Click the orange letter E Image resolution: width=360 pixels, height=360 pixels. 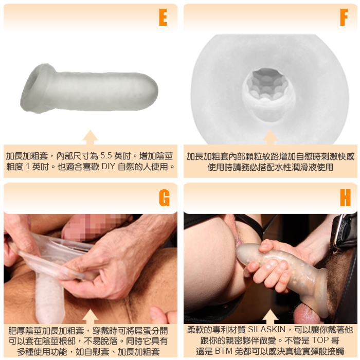pos(163,17)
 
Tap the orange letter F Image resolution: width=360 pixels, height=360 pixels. pos(344,17)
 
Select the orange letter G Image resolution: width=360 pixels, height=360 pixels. pos(164,197)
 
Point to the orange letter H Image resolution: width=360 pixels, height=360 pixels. pos(345,197)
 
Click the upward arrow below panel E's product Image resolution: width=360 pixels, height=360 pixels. pos(90,137)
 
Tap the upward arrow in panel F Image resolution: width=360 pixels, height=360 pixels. pos(270,137)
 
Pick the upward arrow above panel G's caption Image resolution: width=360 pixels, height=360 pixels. pos(90,316)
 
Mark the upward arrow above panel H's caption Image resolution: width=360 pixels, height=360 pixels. pos(270,316)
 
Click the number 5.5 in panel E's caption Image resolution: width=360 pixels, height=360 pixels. pos(106,156)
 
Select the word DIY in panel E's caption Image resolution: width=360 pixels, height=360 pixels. pos(108,166)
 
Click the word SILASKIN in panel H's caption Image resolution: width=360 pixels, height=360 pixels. pos(266,330)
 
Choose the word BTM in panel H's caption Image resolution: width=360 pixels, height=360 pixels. pos(223,351)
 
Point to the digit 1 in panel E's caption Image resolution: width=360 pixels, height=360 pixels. pos(28,166)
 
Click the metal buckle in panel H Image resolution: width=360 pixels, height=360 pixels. pos(338,232)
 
